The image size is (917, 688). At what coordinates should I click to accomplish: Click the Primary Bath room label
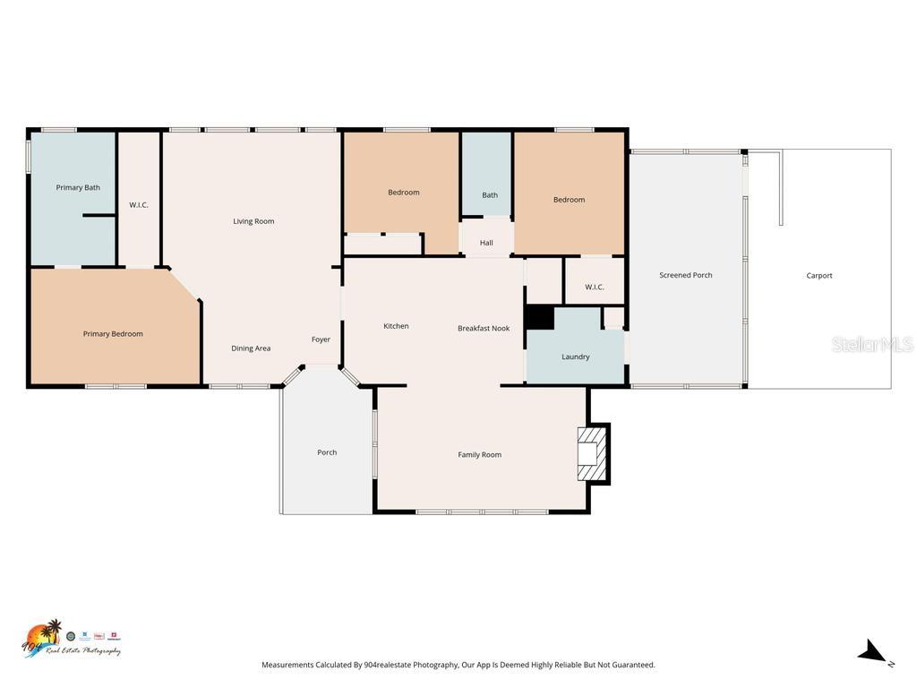pyautogui.click(x=78, y=187)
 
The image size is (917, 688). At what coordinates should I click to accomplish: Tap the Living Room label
pyautogui.click(x=253, y=221)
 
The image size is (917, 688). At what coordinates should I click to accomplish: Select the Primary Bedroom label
pyautogui.click(x=113, y=334)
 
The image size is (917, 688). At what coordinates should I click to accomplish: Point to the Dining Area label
pyautogui.click(x=251, y=348)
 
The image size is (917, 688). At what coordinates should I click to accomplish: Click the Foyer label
pyautogui.click(x=321, y=340)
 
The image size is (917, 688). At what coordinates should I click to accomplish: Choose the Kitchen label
pyautogui.click(x=396, y=326)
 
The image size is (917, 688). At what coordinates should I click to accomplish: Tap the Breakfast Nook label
pyautogui.click(x=484, y=328)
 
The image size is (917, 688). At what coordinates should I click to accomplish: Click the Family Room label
pyautogui.click(x=479, y=455)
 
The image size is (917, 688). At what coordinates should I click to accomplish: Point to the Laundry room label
pyautogui.click(x=575, y=357)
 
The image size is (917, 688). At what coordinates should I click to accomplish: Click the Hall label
pyautogui.click(x=486, y=243)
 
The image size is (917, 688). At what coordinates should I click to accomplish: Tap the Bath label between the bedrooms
pyautogui.click(x=490, y=195)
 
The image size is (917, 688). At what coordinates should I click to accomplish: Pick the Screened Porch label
pyautogui.click(x=686, y=275)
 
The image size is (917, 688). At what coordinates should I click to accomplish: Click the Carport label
pyautogui.click(x=819, y=276)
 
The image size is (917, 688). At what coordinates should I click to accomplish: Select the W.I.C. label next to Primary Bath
pyautogui.click(x=139, y=205)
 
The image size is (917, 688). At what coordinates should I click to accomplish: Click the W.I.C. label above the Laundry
pyautogui.click(x=595, y=288)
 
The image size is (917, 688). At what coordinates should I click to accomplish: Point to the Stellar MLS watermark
pyautogui.click(x=871, y=345)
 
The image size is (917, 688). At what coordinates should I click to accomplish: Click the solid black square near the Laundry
pyautogui.click(x=539, y=318)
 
